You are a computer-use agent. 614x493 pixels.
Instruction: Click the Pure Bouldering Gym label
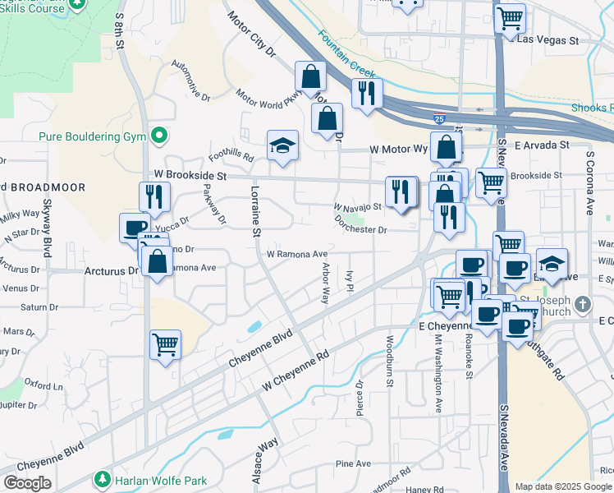tap(91, 136)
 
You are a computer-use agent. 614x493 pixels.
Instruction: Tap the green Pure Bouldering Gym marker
tap(160, 136)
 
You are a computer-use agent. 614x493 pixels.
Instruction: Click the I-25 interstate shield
tap(440, 118)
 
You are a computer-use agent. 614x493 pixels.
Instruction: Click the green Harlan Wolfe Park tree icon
tap(103, 478)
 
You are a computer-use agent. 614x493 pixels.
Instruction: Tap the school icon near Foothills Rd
tap(282, 145)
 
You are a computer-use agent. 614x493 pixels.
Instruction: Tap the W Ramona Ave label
tap(296, 254)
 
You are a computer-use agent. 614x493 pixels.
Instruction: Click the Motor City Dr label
tap(251, 34)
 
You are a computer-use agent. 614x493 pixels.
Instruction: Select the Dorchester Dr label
tap(360, 224)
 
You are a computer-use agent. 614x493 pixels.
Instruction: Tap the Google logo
tap(27, 482)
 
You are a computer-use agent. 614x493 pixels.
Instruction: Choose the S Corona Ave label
tap(589, 182)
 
